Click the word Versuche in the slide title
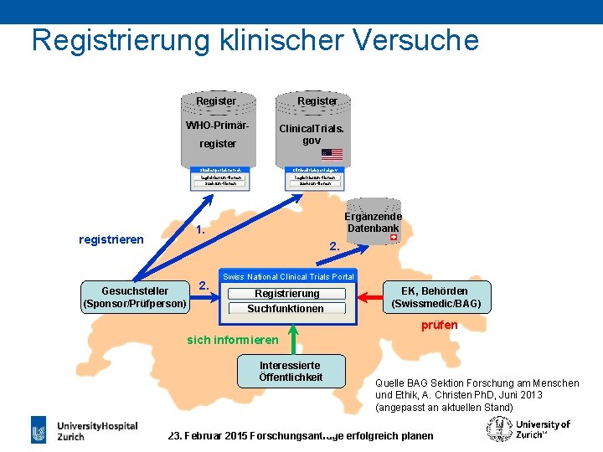click(x=410, y=39)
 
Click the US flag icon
click(x=332, y=154)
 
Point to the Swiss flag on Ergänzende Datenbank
click(x=392, y=238)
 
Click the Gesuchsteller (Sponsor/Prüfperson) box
click(x=135, y=295)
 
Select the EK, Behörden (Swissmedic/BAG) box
click(x=434, y=296)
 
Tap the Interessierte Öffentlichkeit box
click(x=291, y=371)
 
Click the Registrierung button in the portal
click(x=287, y=294)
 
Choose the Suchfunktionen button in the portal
click(x=286, y=309)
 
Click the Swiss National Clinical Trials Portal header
click(x=288, y=277)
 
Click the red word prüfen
click(x=439, y=325)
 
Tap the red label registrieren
click(x=111, y=239)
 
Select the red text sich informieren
click(x=233, y=340)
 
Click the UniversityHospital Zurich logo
click(x=84, y=430)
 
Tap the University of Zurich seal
click(x=497, y=429)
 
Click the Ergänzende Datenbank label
click(x=374, y=222)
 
